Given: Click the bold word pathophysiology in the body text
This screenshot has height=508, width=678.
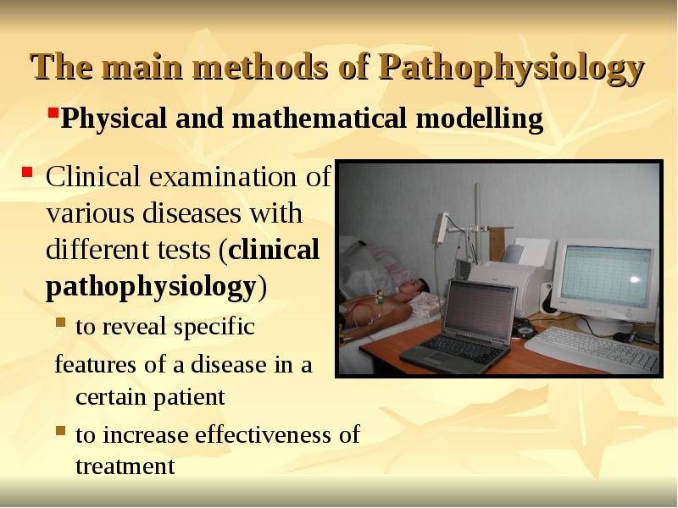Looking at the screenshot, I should tap(150, 286).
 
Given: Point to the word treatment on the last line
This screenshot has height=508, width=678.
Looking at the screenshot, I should tap(125, 466).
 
